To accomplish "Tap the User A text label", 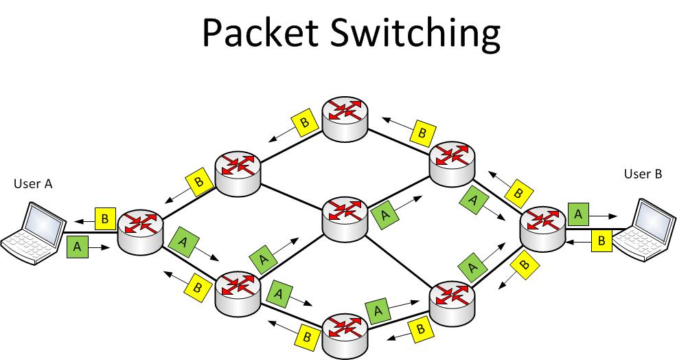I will (33, 184).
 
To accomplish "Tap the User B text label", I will (643, 175).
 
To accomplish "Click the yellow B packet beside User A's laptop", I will (105, 219).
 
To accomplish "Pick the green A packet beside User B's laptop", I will (578, 214).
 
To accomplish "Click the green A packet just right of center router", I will (385, 215).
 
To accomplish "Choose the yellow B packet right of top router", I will (422, 131).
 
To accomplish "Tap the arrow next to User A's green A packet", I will (100, 246).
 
